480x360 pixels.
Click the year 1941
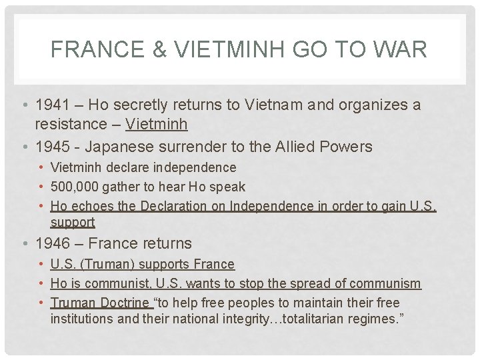point(53,105)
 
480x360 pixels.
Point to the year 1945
point(53,146)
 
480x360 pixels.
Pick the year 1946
point(53,243)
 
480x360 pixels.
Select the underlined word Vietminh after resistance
point(157,124)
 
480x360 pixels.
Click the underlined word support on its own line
point(73,222)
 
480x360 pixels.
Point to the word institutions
point(81,319)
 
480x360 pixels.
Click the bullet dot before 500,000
point(41,187)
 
